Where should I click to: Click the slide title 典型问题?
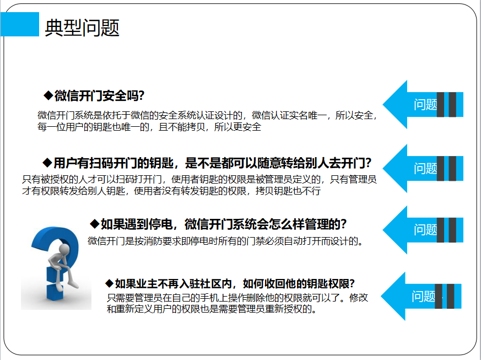[82, 28]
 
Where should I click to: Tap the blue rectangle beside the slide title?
[20, 24]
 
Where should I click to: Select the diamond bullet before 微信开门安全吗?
[48, 95]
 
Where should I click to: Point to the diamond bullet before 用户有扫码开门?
[47, 162]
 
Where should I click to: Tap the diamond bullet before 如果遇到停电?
[94, 224]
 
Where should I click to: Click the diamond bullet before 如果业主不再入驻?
[110, 283]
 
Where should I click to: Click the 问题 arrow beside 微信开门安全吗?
[423, 104]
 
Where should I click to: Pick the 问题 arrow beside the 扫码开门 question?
[423, 168]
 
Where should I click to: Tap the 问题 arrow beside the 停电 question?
[423, 230]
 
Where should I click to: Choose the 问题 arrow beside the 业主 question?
[421, 296]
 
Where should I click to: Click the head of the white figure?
[64, 249]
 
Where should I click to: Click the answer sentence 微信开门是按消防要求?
[225, 241]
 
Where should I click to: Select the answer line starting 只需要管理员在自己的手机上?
[237, 297]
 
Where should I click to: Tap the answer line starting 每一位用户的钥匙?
[149, 127]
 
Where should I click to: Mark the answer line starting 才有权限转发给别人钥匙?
[171, 191]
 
